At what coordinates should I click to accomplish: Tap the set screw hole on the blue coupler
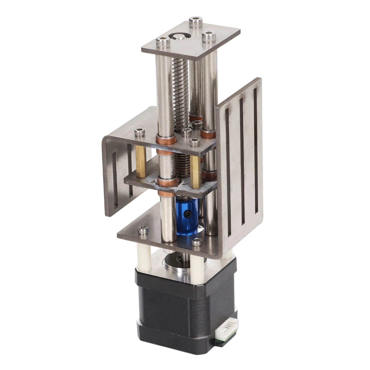coord(188,213)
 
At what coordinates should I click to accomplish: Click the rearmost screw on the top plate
coord(195,21)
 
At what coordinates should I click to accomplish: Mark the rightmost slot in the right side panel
coord(256,146)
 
